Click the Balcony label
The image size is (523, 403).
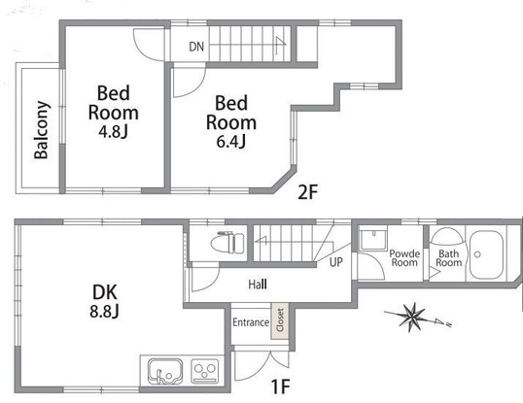42,130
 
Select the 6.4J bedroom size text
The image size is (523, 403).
231,142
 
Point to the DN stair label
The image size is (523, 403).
196,47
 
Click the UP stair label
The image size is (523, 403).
336,262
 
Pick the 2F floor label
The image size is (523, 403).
307,192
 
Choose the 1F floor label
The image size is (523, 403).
280,386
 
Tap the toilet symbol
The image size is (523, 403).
227,242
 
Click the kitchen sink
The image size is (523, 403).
164,371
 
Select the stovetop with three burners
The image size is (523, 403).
205,371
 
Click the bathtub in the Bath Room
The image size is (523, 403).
486,254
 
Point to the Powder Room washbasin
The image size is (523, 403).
373,239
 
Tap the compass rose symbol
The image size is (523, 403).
409,318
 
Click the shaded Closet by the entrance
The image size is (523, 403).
280,320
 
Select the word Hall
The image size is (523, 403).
258,285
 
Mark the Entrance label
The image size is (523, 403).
251,322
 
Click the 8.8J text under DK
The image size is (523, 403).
104,312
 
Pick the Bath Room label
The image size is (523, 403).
448,258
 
